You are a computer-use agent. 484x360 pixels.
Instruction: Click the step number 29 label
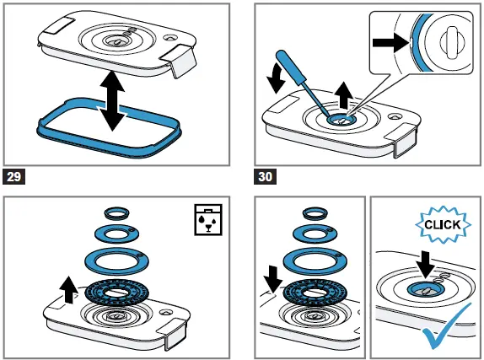[13, 176]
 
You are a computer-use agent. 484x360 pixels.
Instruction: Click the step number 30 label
[265, 176]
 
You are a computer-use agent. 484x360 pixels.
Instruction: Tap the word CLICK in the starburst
[443, 224]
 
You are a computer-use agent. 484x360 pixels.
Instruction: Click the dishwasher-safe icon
[208, 219]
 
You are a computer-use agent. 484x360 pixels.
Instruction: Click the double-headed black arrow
[112, 101]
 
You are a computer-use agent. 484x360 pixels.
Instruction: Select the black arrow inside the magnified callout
[391, 43]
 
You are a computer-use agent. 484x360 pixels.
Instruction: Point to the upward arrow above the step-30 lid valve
[344, 95]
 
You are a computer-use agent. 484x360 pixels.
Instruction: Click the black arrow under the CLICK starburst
[425, 265]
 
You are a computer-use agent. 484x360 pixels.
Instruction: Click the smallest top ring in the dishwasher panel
[116, 213]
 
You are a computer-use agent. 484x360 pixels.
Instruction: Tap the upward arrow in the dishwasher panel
[68, 289]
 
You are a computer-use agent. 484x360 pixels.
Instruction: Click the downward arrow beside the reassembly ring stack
[273, 279]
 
